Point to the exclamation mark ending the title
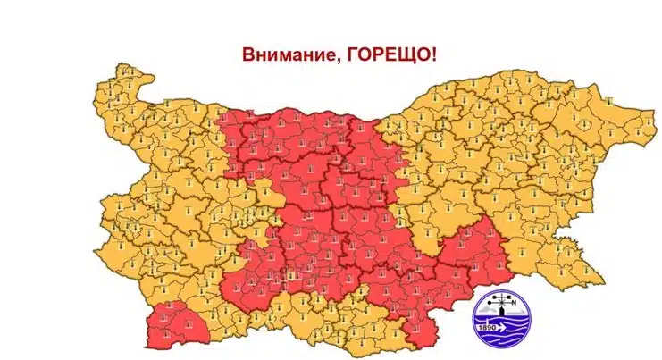[x=434, y=53]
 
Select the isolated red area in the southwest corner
[x=173, y=326]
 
